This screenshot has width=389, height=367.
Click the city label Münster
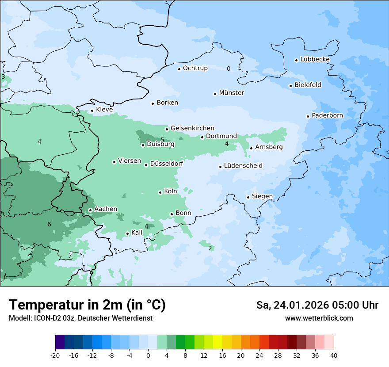[x=231, y=93]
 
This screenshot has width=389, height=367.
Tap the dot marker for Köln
[x=160, y=192]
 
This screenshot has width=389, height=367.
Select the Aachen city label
[x=106, y=209]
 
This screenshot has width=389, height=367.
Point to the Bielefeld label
[x=308, y=85]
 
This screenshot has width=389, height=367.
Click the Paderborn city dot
[x=308, y=116]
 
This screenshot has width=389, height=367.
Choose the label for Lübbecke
[x=315, y=59]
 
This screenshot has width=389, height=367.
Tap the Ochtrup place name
[x=195, y=68]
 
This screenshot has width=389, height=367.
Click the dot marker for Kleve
[x=92, y=111]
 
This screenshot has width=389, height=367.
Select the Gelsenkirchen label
[x=192, y=128]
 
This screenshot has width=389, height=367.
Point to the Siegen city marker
[x=248, y=197]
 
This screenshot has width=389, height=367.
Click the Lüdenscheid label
[x=243, y=166]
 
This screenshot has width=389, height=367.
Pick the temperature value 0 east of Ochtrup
[x=229, y=69]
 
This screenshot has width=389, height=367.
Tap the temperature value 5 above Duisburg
[x=162, y=140]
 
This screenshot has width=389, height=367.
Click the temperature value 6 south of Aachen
[x=49, y=225]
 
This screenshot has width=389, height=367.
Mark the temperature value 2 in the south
[x=210, y=248]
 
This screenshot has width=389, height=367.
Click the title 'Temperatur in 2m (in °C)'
[x=87, y=305]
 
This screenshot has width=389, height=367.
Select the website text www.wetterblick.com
[x=319, y=318]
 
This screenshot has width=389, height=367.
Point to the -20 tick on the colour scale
[x=55, y=356]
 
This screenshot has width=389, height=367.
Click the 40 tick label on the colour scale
[x=334, y=356]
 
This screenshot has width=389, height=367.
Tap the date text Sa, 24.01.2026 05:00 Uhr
[x=317, y=305]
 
